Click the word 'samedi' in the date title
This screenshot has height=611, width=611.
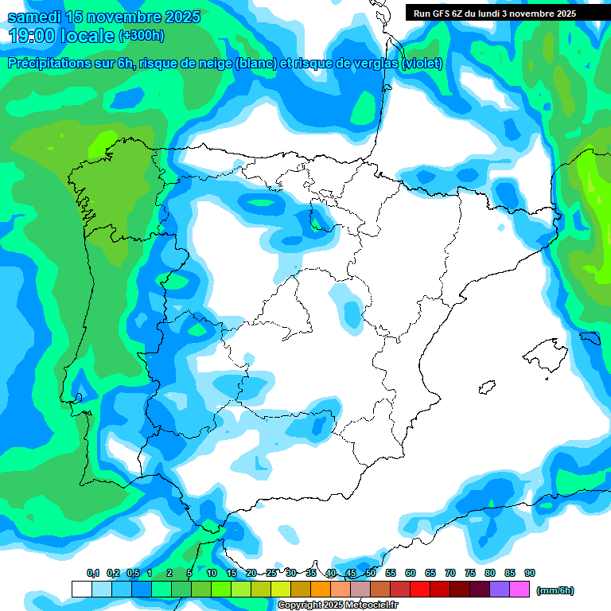click(x=34, y=17)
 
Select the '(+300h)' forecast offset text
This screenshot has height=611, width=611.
click(x=141, y=36)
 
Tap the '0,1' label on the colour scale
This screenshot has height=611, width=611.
click(x=93, y=573)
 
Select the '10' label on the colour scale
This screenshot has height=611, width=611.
click(x=212, y=573)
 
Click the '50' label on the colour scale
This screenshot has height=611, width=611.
click(x=371, y=573)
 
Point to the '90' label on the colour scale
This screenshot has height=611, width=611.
click(x=530, y=573)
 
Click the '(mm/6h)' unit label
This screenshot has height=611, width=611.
click(x=555, y=590)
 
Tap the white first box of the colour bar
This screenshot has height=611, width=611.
click(x=81, y=589)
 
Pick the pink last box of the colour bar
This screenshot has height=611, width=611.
click(x=520, y=589)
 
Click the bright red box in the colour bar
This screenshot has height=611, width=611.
click(x=420, y=589)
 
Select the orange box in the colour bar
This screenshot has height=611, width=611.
click(x=321, y=589)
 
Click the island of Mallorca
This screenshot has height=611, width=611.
click(x=548, y=355)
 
